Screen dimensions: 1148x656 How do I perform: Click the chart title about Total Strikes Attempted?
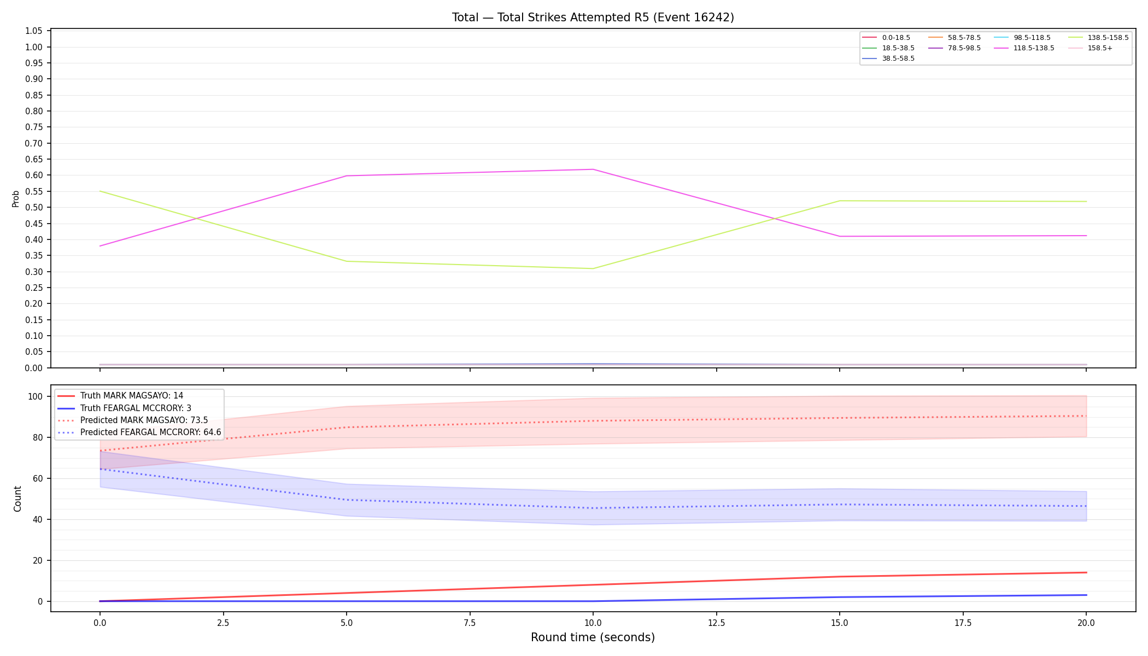[x=593, y=17]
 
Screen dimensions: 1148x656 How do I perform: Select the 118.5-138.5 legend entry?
[x=1024, y=48]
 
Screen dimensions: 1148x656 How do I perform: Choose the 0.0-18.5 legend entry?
[x=886, y=38]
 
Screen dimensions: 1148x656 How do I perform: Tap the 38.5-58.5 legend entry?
[x=888, y=58]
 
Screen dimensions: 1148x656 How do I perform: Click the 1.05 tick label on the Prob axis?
[x=34, y=31]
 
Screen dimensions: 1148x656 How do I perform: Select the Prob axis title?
[x=16, y=198]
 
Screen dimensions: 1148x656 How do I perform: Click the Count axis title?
[x=17, y=499]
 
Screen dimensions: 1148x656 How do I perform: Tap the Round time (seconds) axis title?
[x=593, y=637]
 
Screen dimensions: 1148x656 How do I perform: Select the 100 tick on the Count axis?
[x=37, y=396]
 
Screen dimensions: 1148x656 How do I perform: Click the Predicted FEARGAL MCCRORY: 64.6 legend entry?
[x=139, y=432]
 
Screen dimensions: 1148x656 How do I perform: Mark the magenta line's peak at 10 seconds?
[x=593, y=169]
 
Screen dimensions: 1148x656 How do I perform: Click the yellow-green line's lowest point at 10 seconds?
[x=593, y=268]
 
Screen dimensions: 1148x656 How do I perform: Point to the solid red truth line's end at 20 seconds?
[x=1086, y=572]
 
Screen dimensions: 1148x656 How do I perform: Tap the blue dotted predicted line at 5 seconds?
[x=347, y=500]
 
